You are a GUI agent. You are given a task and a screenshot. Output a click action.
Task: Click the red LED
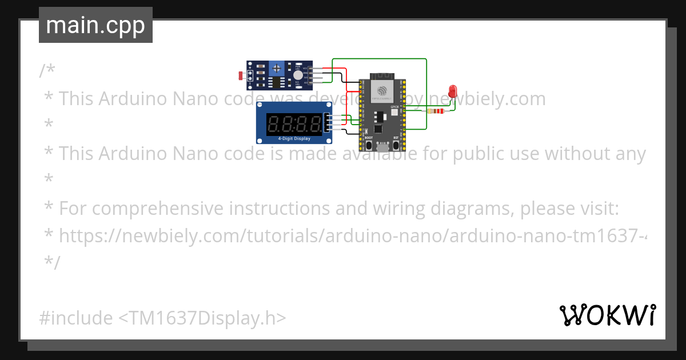[453, 91]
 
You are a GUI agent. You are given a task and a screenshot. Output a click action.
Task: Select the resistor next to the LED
[438, 111]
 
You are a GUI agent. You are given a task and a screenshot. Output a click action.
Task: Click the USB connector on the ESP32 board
[382, 147]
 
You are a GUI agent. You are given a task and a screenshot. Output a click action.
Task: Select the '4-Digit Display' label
[294, 139]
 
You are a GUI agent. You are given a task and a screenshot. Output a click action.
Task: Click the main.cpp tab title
[95, 25]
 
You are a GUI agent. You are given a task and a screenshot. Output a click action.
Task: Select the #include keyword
[76, 318]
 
